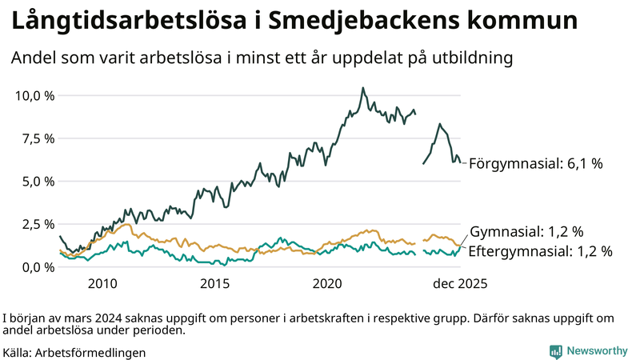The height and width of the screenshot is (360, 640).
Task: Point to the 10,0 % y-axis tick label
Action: coord(34,96)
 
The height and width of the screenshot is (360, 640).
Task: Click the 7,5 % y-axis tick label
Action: coord(38,138)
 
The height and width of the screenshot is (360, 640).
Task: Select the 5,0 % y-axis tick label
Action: coord(38,182)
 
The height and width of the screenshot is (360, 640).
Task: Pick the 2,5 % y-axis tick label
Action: coord(38,224)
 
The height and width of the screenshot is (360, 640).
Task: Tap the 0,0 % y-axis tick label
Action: coord(38,267)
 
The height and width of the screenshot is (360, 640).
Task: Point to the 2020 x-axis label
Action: coord(328,284)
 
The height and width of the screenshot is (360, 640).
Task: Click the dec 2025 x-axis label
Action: coord(460,284)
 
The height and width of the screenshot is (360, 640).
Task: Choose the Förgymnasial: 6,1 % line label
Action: coord(535,163)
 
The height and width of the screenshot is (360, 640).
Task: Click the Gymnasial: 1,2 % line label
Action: coord(526,232)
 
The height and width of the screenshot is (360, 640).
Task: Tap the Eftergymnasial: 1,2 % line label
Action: coord(540,251)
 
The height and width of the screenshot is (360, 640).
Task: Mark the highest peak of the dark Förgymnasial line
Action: coord(363,88)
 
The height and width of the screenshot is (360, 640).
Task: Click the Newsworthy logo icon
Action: coord(555,351)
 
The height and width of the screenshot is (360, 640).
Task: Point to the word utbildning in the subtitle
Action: coord(470,58)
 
